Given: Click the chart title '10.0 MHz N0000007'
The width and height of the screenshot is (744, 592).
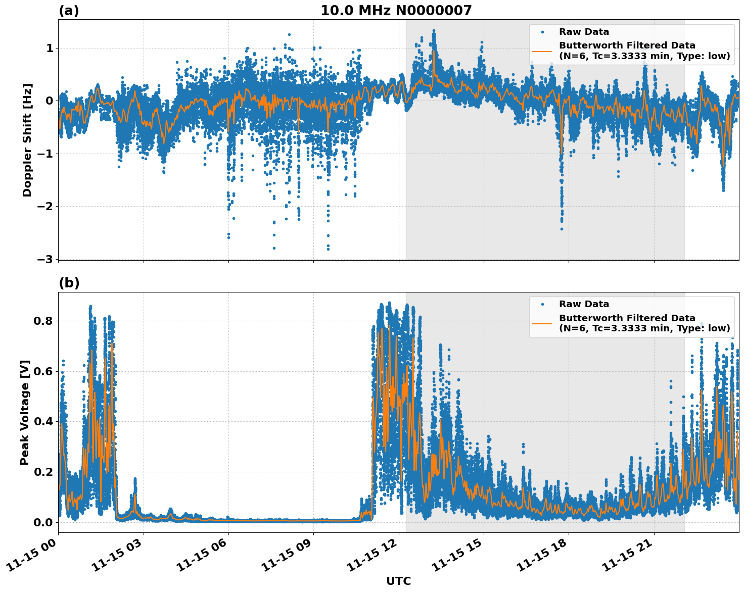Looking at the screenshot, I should (x=396, y=11).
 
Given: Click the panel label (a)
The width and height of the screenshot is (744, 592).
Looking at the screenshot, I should (x=69, y=11).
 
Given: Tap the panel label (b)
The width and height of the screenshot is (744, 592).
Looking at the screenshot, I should (x=69, y=283).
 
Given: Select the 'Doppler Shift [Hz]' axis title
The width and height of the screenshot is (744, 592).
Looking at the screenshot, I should (x=27, y=140).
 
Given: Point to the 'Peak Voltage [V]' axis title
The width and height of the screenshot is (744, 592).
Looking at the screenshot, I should (x=25, y=412).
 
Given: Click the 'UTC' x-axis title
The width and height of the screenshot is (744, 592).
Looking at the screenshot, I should (x=398, y=581).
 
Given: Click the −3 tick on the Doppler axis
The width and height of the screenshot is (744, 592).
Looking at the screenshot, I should (x=45, y=259).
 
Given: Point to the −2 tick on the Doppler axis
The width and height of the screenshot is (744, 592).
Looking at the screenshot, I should (x=45, y=207).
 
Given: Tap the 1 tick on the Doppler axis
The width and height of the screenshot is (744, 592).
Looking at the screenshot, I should (x=49, y=48).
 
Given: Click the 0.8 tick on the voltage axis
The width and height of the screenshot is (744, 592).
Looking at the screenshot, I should (x=42, y=321).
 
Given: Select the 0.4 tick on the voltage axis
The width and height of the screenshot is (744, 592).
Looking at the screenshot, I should (x=42, y=422).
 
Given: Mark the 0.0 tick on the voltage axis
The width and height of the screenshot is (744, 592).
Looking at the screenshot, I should (x=42, y=522).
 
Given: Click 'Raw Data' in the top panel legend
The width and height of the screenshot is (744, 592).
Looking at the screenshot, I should (x=584, y=32).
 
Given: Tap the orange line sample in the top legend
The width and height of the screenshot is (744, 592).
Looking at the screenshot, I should (x=542, y=51).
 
